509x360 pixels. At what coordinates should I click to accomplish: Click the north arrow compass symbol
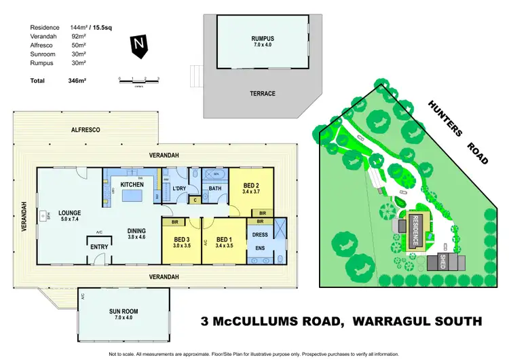[x=139, y=46]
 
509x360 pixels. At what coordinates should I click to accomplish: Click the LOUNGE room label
[x=70, y=212]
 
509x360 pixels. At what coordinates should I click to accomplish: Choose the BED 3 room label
[x=181, y=240]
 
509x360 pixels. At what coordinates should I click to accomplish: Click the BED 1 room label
[x=224, y=240]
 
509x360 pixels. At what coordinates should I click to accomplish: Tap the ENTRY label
[x=100, y=247]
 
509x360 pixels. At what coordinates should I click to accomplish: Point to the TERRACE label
[x=262, y=94]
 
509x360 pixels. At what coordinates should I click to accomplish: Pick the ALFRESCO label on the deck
[x=86, y=129]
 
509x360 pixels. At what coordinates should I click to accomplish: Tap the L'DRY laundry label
[x=179, y=187]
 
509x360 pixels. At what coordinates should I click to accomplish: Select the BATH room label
[x=216, y=187]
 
